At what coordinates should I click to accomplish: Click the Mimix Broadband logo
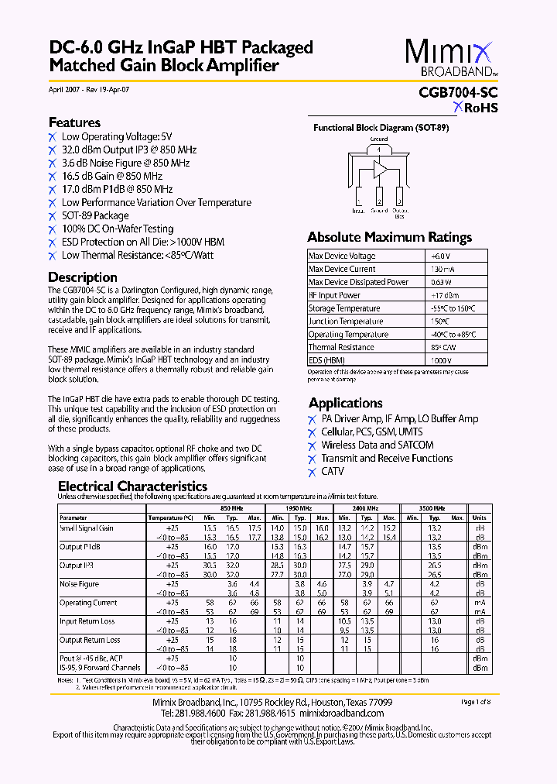click(x=451, y=58)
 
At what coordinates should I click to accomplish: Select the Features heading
click(x=74, y=122)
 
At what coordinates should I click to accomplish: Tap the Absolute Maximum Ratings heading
click(x=389, y=237)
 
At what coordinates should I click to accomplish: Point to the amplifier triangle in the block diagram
click(x=381, y=169)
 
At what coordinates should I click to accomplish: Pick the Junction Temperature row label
click(x=345, y=322)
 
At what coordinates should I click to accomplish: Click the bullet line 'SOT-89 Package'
click(x=95, y=216)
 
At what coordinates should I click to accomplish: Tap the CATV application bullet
click(x=333, y=472)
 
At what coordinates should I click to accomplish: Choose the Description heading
click(x=83, y=277)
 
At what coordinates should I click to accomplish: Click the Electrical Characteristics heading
click(x=133, y=487)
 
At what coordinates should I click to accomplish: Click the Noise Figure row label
click(x=80, y=584)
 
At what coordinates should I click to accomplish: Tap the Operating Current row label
click(x=88, y=603)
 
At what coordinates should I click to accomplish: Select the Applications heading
click(x=345, y=403)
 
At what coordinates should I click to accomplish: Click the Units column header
click(x=480, y=518)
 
